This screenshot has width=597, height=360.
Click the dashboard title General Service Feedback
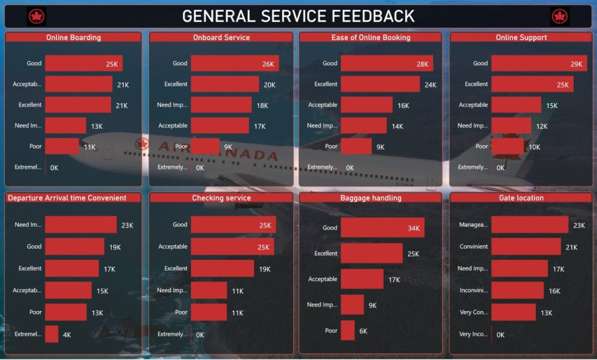pyautogui.click(x=298, y=16)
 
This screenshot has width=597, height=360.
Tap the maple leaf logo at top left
pyautogui.click(x=37, y=16)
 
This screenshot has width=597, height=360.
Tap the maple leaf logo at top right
pyautogui.click(x=560, y=16)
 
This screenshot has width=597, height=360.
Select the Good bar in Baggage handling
pyautogui.click(x=382, y=228)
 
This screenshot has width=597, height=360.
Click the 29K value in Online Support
pyautogui.click(x=576, y=64)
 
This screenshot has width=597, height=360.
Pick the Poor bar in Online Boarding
pyautogui.click(x=62, y=146)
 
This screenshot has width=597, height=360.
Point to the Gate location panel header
pyautogui.click(x=521, y=198)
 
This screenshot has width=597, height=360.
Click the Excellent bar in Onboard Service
pyautogui.click(x=224, y=84)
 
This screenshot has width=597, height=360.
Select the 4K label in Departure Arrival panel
pyautogui.click(x=67, y=335)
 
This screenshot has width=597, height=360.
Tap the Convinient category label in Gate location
pyautogui.click(x=473, y=246)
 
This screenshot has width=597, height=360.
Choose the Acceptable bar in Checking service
pyautogui.click(x=232, y=247)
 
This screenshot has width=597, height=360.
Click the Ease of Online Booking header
pyautogui.click(x=371, y=37)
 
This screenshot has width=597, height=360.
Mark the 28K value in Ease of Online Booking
pyautogui.click(x=422, y=64)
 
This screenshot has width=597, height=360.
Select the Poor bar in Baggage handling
pyautogui.click(x=347, y=330)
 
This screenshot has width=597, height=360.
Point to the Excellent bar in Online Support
pyautogui.click(x=532, y=84)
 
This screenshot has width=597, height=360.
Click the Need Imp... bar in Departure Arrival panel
pyautogui.click(x=80, y=225)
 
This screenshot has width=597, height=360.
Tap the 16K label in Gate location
pyautogui.click(x=554, y=291)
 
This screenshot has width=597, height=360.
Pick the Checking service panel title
pyautogui.click(x=221, y=198)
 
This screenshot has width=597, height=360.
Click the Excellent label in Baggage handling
pyautogui.click(x=325, y=253)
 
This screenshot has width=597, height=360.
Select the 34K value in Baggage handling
pyautogui.click(x=413, y=228)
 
